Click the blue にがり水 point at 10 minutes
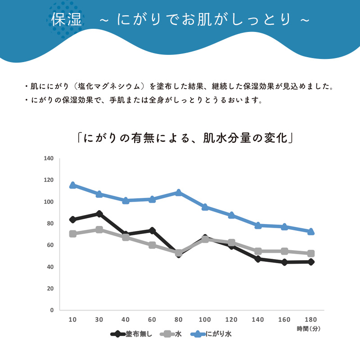pos(72,185)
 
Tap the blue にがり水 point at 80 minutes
pos(179,193)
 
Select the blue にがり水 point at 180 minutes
pos(310,231)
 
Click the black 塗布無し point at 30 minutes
pos(99,214)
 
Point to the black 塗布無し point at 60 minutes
pos(152,230)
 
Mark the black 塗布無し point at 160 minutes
pos(284,262)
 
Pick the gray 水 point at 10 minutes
pos(72,234)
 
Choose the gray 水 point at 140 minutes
pos(258,251)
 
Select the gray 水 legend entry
pos(171,334)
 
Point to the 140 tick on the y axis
pos(49,158)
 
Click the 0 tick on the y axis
pos(51,310)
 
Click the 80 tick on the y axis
pos(49,224)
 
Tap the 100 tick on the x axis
pos(205,319)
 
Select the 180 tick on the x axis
pos(310,319)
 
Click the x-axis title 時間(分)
pos(308,329)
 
